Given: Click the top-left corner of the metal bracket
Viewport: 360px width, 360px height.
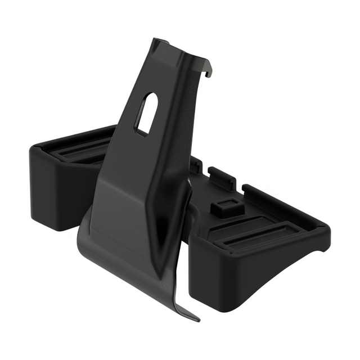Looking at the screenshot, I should tap(155, 40).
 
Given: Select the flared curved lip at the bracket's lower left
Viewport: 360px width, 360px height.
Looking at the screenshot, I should tap(90, 236).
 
